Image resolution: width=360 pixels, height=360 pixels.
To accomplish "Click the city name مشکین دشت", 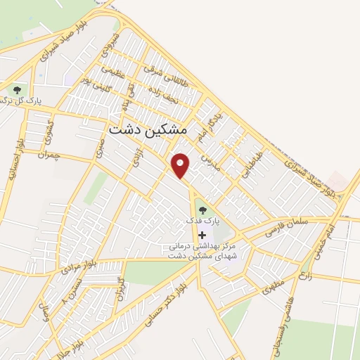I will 148,130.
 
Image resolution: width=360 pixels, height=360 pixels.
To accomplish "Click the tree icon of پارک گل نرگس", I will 17,90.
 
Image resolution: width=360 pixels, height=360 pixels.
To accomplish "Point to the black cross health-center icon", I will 203,234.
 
